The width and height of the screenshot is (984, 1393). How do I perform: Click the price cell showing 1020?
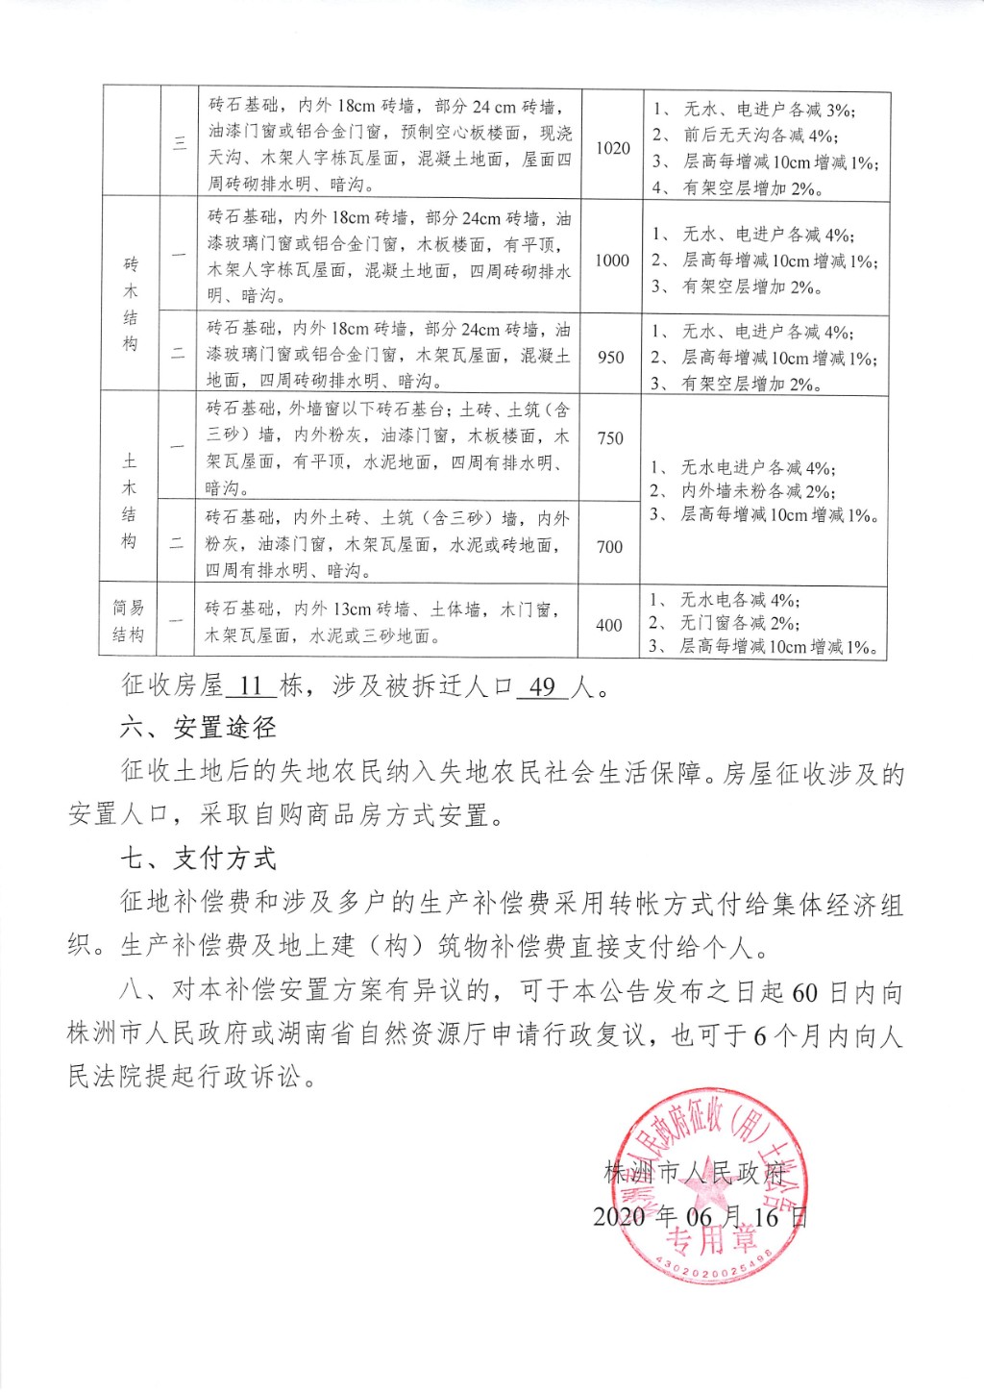pyautogui.click(x=612, y=148)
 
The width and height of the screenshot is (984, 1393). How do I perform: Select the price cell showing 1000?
pyautogui.click(x=612, y=261)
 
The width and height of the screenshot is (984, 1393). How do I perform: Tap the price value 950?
pyautogui.click(x=610, y=357)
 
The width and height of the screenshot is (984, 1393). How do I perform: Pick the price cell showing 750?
pyautogui.click(x=610, y=438)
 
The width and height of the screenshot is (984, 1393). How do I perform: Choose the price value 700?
pyautogui.click(x=609, y=546)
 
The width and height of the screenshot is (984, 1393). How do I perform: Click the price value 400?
pyautogui.click(x=608, y=625)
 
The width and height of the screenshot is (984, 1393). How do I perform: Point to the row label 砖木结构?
pyautogui.click(x=131, y=304)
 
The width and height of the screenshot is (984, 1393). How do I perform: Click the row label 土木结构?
pyautogui.click(x=130, y=501)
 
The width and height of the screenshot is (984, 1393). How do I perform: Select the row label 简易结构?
pyautogui.click(x=129, y=621)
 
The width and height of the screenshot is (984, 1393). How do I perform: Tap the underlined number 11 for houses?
pyautogui.click(x=251, y=685)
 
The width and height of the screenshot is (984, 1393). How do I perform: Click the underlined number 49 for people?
pyautogui.click(x=542, y=686)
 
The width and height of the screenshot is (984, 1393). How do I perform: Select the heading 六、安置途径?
pyautogui.click(x=198, y=728)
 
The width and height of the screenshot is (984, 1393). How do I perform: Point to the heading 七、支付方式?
pyautogui.click(x=198, y=858)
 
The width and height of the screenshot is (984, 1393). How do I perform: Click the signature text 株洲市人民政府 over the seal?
pyautogui.click(x=695, y=1172)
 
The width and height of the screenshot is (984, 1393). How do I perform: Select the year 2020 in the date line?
pyautogui.click(x=619, y=1217)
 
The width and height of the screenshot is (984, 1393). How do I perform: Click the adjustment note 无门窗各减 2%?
pyautogui.click(x=739, y=623)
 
